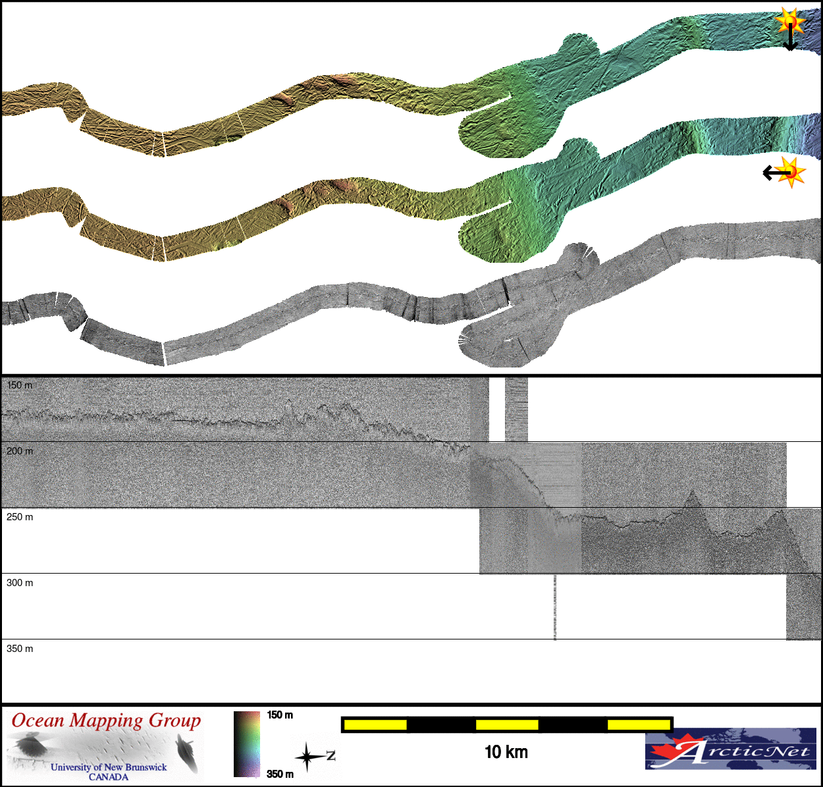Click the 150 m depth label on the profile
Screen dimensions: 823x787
[x=20, y=385]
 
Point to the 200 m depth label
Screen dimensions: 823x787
[x=20, y=451]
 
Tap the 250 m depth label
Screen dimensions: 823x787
[x=20, y=516]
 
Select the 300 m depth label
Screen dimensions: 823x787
[x=20, y=583]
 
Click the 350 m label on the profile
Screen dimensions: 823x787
[x=20, y=649]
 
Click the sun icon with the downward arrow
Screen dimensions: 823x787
[x=789, y=20]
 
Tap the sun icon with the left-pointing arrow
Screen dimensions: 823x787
[x=791, y=172]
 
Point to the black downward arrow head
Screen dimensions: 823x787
[x=790, y=47]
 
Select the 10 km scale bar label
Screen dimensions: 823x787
[x=506, y=752]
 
